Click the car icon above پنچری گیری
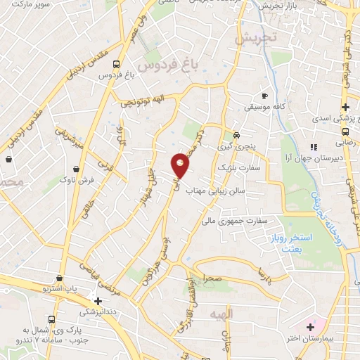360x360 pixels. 237,135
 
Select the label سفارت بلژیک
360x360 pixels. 259,169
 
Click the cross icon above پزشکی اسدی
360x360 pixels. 345,107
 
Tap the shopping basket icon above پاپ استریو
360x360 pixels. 60,278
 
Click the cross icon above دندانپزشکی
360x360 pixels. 98,300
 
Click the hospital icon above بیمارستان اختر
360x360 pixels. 310,326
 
